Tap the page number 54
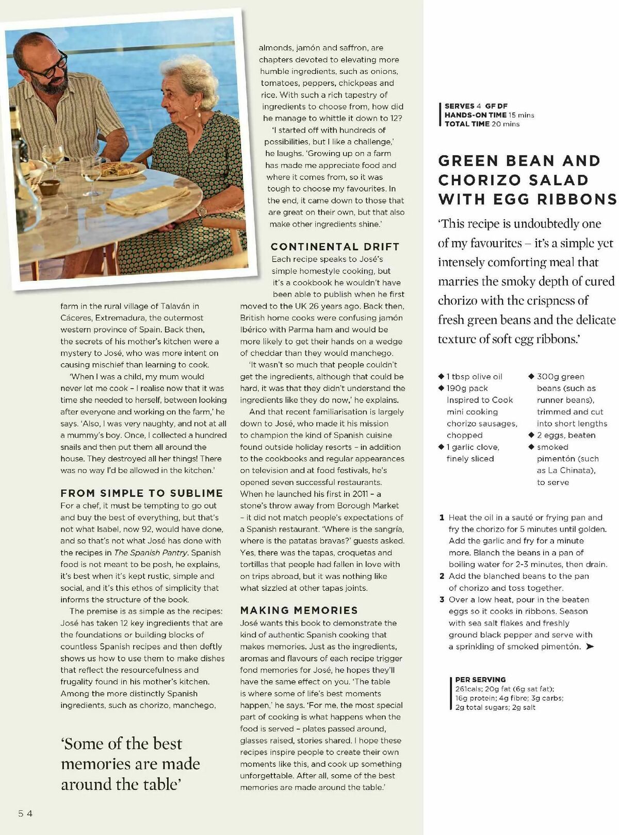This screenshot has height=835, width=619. click(x=26, y=814)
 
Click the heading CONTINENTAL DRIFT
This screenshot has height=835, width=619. click(x=335, y=247)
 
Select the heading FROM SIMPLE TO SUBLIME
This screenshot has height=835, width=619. click(x=141, y=493)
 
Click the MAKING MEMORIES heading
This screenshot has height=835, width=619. click(x=299, y=611)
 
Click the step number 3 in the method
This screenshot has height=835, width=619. click(x=442, y=600)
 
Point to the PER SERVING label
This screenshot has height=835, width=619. click(x=480, y=680)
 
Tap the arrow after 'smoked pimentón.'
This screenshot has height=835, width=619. click(x=590, y=647)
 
